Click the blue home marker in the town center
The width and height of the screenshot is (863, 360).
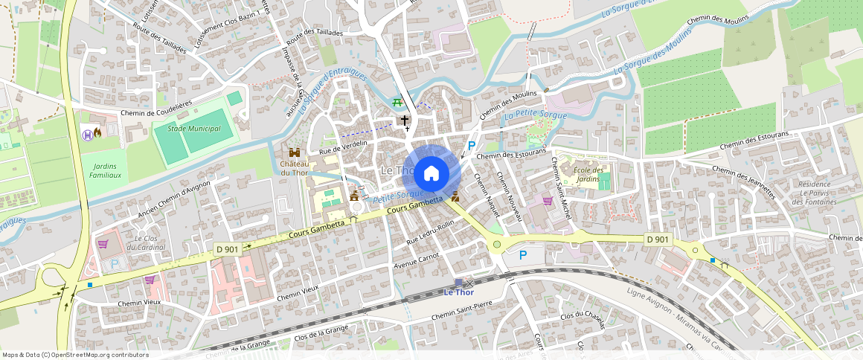point(431,174)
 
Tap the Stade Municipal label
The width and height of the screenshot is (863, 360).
point(194,129)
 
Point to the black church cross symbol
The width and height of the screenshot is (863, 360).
point(405,120)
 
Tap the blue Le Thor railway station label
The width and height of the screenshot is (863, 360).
point(459,292)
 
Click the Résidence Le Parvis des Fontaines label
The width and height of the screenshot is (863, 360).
point(812,193)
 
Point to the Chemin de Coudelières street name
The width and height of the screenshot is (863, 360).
point(156,113)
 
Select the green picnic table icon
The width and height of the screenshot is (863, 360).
point(399,102)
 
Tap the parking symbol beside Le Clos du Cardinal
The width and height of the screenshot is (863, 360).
point(115,263)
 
